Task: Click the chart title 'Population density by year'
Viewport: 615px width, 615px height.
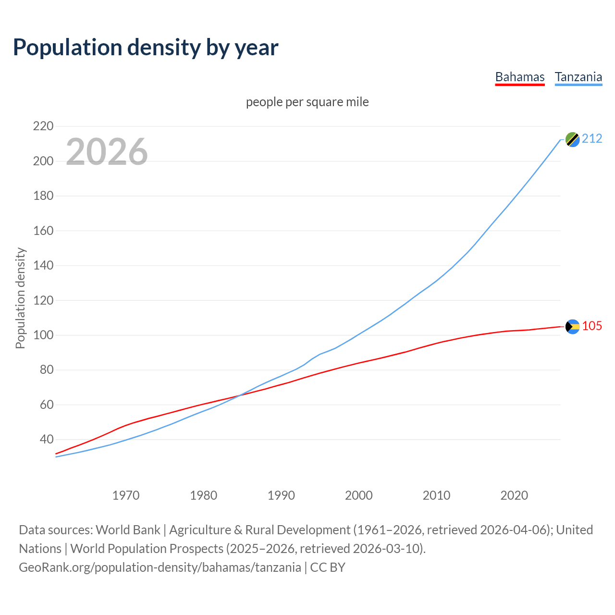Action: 146,47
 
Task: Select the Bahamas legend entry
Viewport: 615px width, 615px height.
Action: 520,77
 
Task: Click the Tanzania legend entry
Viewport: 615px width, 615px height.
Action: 578,77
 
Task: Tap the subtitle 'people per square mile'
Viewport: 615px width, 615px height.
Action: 307,102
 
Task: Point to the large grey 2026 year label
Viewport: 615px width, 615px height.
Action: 107,152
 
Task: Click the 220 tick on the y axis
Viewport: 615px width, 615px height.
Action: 43,126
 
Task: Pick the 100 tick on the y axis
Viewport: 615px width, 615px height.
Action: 43,335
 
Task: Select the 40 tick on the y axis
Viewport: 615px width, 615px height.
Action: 46,439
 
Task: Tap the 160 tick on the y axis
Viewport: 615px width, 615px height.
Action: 43,231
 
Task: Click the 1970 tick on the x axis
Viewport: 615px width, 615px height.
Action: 126,495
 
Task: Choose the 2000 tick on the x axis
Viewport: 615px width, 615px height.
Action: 359,495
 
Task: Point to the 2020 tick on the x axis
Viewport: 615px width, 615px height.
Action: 514,495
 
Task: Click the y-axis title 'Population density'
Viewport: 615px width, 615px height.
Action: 20,298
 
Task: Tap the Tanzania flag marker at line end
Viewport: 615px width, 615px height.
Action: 572,139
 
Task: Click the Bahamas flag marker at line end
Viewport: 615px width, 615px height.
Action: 572,327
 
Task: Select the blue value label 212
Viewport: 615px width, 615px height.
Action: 592,139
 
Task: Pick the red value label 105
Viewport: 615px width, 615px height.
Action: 592,326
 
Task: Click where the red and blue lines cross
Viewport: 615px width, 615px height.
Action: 239,395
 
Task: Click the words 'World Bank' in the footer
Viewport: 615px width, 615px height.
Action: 128,530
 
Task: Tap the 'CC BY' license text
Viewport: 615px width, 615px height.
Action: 328,567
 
